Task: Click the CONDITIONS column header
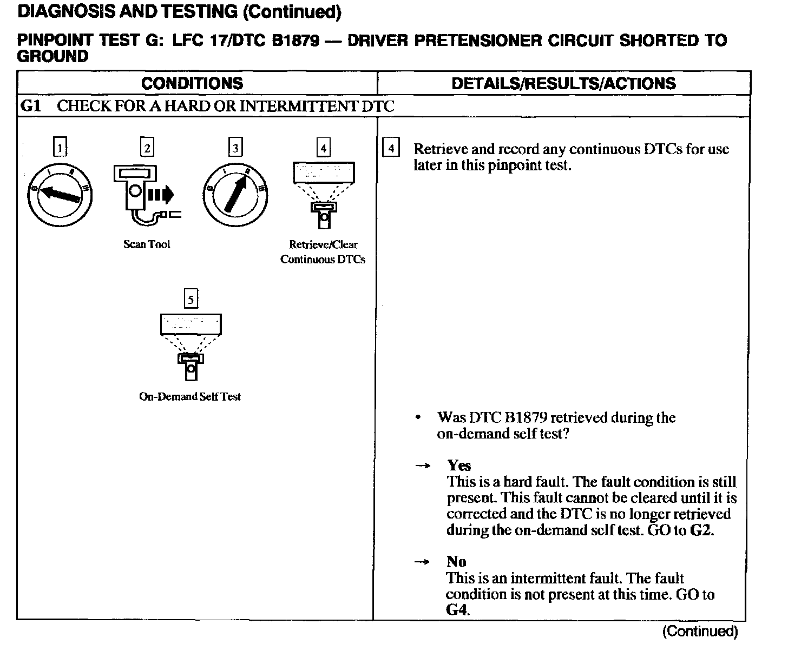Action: tap(192, 83)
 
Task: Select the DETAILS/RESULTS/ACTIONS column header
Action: tap(563, 83)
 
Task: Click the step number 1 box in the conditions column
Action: tap(60, 147)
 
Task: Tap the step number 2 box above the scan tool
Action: tap(147, 147)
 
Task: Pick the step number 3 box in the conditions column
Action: tap(235, 147)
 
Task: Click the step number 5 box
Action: tap(191, 298)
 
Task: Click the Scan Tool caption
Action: tap(147, 244)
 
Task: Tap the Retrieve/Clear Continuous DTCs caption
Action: tap(323, 252)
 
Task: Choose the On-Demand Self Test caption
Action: tap(190, 396)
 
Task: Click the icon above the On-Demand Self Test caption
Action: tap(191, 346)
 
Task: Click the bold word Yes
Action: tap(459, 466)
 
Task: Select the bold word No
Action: tap(456, 562)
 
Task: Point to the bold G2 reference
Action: tap(701, 530)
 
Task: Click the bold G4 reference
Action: tap(457, 610)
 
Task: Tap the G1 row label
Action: tap(30, 106)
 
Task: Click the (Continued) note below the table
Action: tap(700, 631)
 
